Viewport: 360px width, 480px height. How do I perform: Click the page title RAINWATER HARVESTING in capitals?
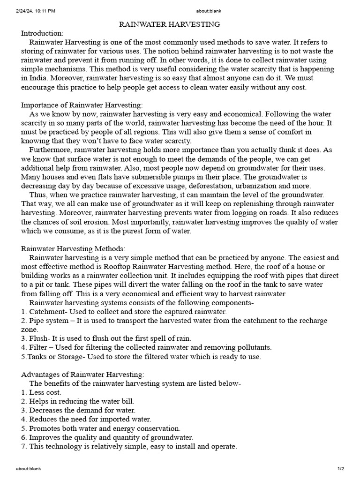pyautogui.click(x=169, y=24)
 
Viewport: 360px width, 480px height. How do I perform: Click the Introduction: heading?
pyautogui.click(x=42, y=33)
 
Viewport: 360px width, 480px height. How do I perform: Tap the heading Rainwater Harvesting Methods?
pyautogui.click(x=73, y=249)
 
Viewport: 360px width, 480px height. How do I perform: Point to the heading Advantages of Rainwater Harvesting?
pyautogui.click(x=83, y=374)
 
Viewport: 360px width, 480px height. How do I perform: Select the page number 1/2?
pyautogui.click(x=341, y=468)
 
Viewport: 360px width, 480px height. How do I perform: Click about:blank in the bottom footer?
pyautogui.click(x=30, y=468)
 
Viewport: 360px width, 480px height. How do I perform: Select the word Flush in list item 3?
pyautogui.click(x=39, y=338)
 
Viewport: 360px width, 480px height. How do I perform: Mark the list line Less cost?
pyautogui.click(x=45, y=392)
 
